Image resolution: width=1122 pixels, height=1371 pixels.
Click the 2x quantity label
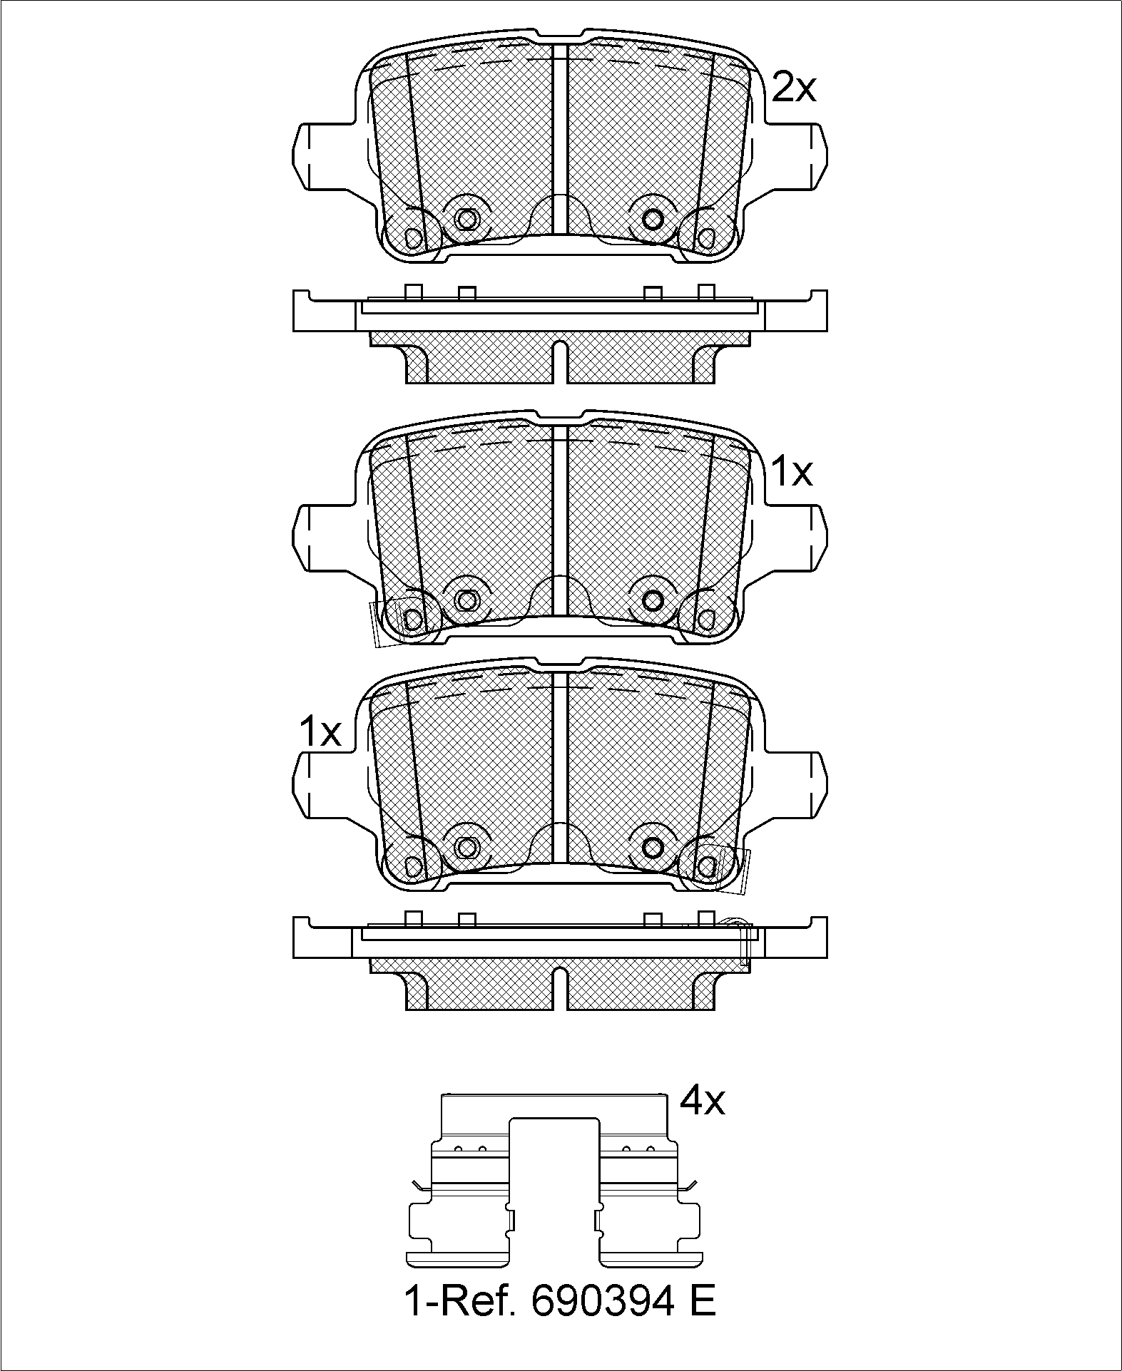pos(794,88)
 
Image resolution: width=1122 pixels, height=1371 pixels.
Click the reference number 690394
pos(602,1302)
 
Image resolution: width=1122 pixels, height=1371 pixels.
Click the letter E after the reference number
pos(703,1302)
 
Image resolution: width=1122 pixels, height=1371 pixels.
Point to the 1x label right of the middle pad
pos(792,471)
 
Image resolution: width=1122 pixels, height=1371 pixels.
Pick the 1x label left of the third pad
pos(320,732)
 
